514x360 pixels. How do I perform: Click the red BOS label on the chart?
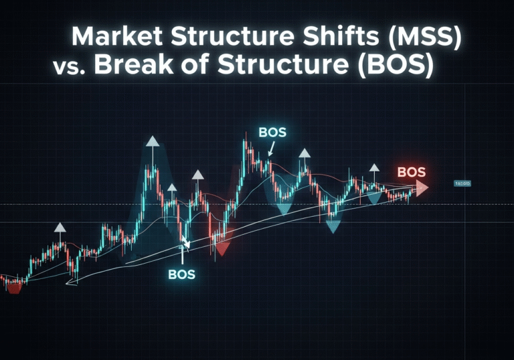pyautogui.click(x=411, y=172)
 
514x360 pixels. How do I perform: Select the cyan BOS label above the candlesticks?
pyautogui.click(x=272, y=132)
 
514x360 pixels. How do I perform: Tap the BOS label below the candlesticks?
pyautogui.click(x=181, y=274)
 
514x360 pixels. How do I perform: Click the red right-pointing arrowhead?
pyautogui.click(x=422, y=187)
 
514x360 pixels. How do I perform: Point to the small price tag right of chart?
pyautogui.click(x=462, y=183)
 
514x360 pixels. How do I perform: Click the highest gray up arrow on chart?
pyautogui.click(x=153, y=142)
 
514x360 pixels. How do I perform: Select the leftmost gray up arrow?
pyautogui.click(x=60, y=228)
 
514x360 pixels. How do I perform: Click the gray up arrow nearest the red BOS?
pyautogui.click(x=373, y=168)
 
